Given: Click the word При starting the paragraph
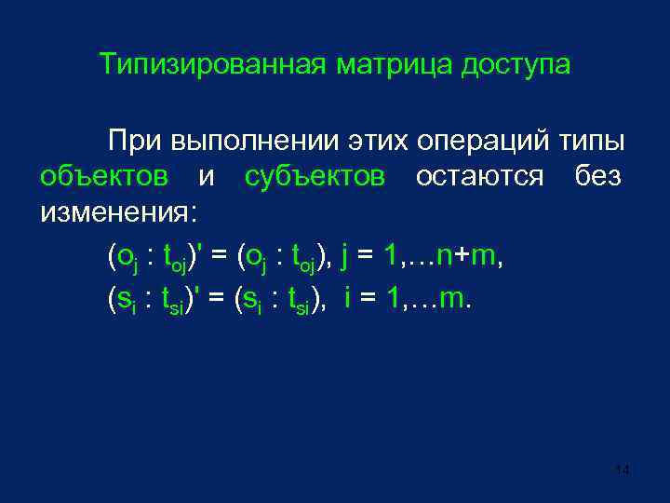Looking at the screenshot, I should point(134,141).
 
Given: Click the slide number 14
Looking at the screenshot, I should point(623,471).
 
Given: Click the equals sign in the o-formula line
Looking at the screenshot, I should point(220,254).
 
